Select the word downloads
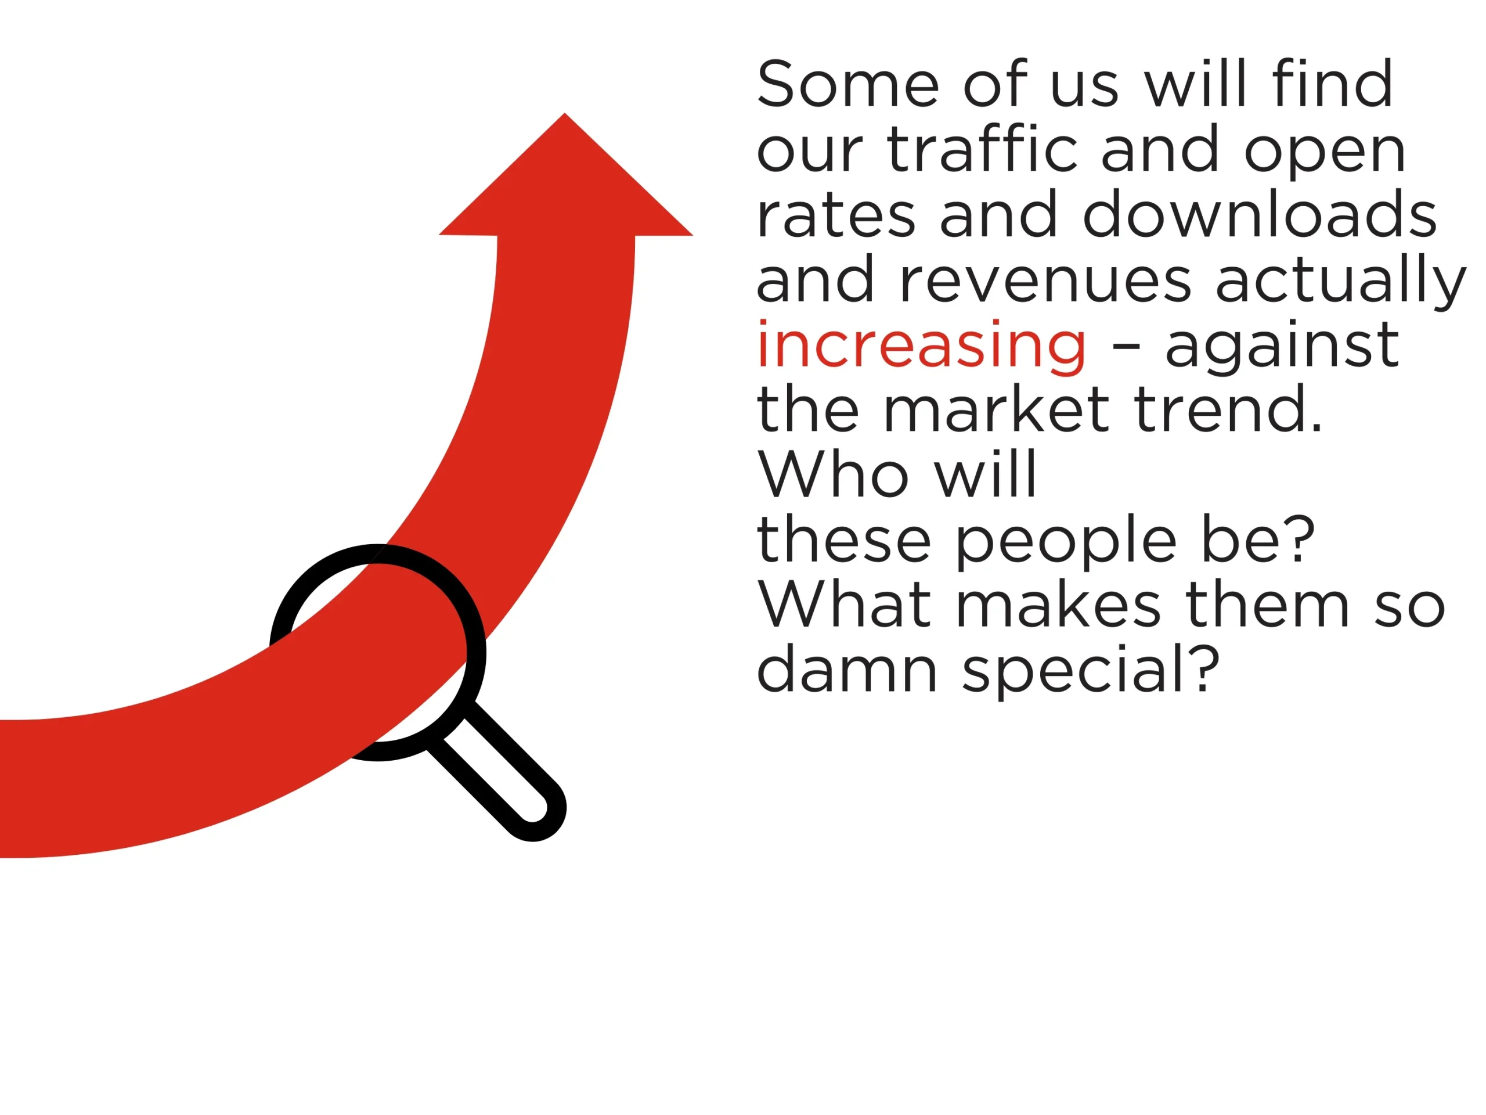coord(1260,214)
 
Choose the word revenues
coord(1045,281)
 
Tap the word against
coord(1282,346)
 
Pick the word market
coord(996,409)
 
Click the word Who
coord(834,474)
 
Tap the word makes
coord(1059,605)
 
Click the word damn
coord(848,670)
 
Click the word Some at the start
coord(849,84)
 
